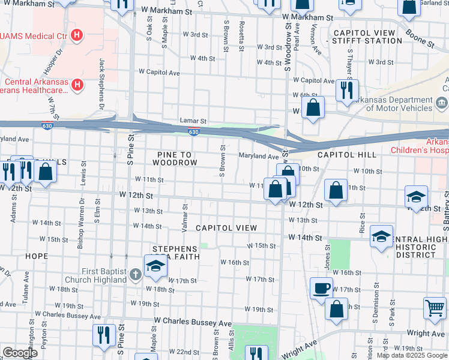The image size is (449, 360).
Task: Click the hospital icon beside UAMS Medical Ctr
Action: tap(76, 35)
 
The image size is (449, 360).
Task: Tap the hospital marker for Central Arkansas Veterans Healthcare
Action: tap(77, 86)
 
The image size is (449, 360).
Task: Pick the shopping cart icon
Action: tap(435, 308)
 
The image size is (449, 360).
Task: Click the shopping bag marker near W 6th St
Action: tap(313, 109)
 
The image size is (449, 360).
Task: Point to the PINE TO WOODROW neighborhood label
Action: tap(174, 158)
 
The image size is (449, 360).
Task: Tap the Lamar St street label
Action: tap(193, 121)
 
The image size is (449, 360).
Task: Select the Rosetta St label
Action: tap(241, 35)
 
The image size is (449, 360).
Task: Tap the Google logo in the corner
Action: tap(20, 353)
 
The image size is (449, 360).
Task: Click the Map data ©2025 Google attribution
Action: tap(412, 355)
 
